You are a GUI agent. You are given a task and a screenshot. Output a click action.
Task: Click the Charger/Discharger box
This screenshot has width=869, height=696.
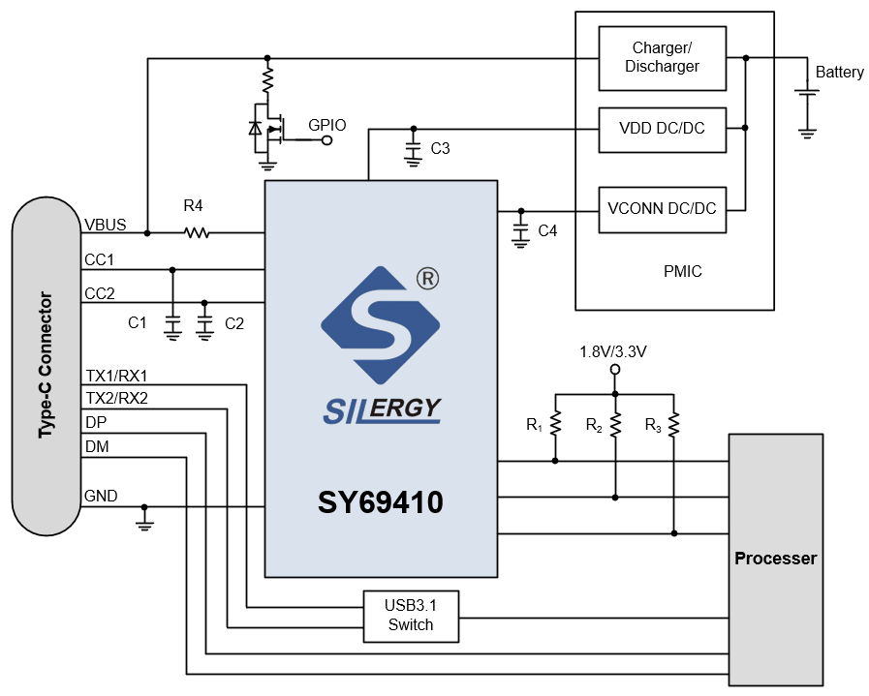[x=662, y=58]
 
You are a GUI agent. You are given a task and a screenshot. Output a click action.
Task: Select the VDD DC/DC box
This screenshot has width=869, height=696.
[x=662, y=129]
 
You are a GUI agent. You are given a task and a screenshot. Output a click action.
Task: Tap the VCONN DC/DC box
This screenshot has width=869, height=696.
[x=662, y=209]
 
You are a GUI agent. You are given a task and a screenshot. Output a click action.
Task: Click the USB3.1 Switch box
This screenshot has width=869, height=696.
[x=411, y=616]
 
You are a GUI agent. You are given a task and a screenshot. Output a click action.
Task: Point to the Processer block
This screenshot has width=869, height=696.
[x=775, y=559]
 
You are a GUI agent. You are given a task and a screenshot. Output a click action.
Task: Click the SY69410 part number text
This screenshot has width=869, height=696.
[x=381, y=503]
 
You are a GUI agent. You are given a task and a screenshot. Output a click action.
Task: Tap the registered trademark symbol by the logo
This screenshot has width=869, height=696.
[x=427, y=279]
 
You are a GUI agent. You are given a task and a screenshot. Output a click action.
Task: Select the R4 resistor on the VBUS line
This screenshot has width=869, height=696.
[x=197, y=232]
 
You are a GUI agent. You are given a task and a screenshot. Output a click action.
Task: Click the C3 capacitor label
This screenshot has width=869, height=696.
[x=441, y=149]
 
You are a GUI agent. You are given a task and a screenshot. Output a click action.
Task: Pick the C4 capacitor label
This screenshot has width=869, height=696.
[x=547, y=230]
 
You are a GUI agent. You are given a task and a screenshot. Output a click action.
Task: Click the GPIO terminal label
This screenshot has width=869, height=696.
[x=326, y=125]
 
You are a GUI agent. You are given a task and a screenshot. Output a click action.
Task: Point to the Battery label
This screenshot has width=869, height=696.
[x=839, y=73]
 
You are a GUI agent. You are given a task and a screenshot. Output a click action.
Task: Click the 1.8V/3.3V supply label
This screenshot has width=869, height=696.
[x=612, y=351]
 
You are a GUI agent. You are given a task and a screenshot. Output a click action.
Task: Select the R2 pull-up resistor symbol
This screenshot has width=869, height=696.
[x=614, y=424]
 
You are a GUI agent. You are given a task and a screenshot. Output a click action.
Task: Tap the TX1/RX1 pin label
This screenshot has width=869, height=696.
[x=116, y=376]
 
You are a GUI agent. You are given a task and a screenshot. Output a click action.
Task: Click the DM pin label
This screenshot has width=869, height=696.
[x=97, y=446]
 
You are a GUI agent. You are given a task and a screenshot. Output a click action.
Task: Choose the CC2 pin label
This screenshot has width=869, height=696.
[x=100, y=293]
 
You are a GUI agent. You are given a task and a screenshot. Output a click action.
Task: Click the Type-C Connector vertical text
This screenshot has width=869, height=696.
[x=46, y=365]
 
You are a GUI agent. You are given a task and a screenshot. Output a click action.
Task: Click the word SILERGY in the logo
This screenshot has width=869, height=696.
[x=381, y=409]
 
